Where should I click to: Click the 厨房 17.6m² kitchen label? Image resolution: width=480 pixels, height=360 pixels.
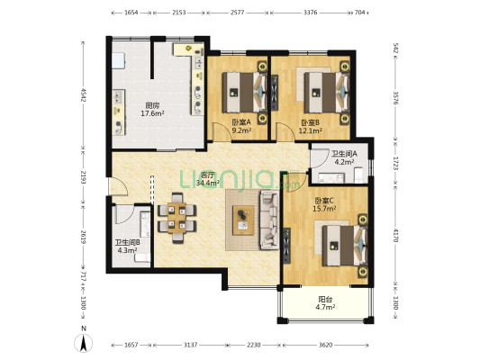coord(152,110)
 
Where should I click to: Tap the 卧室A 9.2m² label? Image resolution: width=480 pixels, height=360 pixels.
coord(241,126)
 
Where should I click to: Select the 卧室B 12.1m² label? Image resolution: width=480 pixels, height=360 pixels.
coord(310,127)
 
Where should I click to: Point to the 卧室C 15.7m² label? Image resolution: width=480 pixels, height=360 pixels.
coord(324,204)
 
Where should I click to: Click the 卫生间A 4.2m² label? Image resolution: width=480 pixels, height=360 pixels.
coord(344,157)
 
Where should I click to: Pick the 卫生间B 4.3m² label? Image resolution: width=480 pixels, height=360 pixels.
coord(127,247)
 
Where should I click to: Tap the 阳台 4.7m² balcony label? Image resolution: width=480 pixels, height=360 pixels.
coord(325,302)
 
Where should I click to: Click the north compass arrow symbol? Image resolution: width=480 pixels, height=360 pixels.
coord(83,343)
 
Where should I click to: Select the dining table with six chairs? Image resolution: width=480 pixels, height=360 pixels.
coord(177,218)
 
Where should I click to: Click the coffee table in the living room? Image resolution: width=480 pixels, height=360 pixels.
coord(243,220)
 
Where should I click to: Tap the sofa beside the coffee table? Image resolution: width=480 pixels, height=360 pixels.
coord(269,220)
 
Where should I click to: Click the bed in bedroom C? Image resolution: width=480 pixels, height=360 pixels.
coord(345,246)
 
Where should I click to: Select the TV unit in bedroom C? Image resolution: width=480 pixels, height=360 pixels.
coord(286,246)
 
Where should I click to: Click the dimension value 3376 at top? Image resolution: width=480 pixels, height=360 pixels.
coord(310,13)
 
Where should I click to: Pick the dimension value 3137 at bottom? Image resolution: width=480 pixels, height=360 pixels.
coord(190,345)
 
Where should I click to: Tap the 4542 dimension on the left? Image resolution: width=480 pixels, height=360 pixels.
coord(83,95)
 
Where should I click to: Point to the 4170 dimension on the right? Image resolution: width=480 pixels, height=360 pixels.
coord(395,236)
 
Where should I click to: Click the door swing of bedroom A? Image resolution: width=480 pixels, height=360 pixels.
coord(221,131)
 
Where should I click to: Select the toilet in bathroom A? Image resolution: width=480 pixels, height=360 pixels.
coord(358,175)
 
